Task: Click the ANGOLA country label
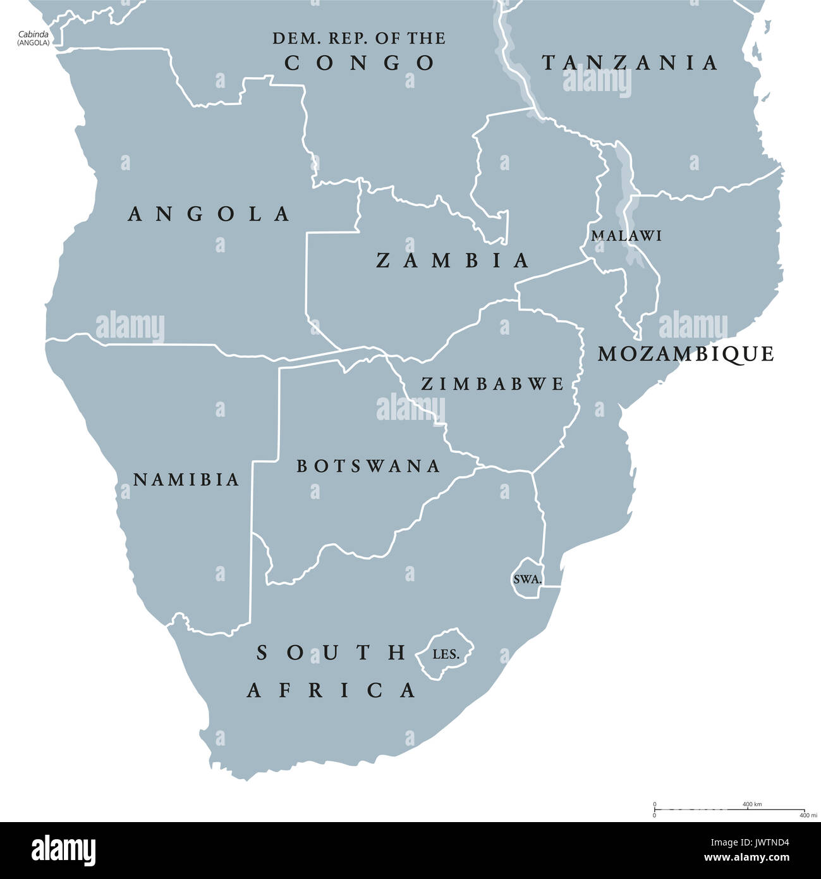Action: coord(209,214)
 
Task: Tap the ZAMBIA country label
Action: coord(453,260)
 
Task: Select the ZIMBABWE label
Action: coord(492,383)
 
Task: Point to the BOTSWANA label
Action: coord(368,466)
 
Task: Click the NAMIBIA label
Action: coord(186,479)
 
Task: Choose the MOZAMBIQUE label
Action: coord(686,353)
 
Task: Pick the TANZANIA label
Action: coord(630,62)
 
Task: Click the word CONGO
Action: coord(360,63)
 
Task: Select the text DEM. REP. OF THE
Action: coord(359,38)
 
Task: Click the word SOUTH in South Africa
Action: coord(331,652)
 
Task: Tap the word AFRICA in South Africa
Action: coord(331,690)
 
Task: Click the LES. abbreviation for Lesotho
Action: coord(446,654)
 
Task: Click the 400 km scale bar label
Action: coord(752,804)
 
